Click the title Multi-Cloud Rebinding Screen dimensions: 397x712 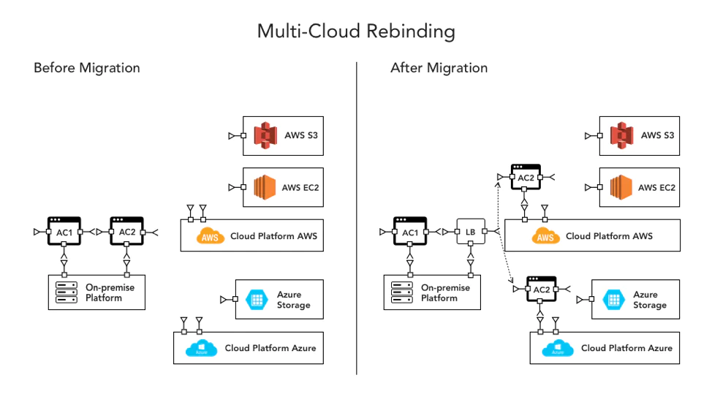356,31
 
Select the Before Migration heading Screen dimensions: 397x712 86,68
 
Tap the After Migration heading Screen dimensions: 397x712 439,68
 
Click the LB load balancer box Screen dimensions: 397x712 470,232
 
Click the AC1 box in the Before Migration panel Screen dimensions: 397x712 64,231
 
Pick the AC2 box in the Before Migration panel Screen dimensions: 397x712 126,231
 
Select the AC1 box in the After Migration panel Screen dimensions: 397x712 410,231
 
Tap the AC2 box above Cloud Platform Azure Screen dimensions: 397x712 542,289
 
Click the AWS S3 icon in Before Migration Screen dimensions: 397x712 265,135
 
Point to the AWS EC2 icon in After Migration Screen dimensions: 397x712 621,187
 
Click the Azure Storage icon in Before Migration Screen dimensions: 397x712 256,299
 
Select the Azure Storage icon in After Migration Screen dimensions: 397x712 613,299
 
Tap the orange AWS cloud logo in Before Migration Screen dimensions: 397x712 211,236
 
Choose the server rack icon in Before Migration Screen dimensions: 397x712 67,292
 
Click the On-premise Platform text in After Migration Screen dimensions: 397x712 444,292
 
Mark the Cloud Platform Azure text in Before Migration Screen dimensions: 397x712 270,348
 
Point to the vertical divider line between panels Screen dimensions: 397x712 357,219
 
